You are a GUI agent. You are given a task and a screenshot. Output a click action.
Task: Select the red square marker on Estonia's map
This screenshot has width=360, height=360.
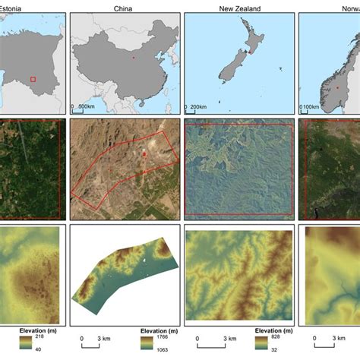coord(32,78)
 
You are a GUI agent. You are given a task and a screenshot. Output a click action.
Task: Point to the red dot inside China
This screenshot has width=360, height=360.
coord(134,57)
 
